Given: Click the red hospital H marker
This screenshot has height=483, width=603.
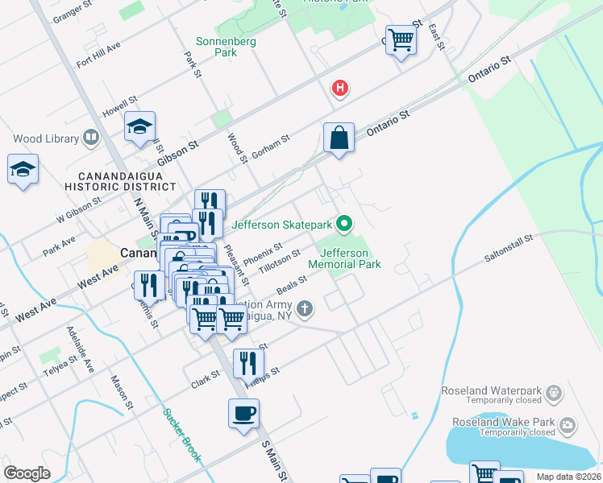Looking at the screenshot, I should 340,88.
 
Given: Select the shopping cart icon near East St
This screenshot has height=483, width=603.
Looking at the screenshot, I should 401,39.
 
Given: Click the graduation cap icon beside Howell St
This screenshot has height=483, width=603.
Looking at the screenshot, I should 139,127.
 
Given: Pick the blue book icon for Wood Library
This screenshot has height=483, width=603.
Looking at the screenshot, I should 91,138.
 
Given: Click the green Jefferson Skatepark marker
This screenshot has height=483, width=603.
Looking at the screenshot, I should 344,224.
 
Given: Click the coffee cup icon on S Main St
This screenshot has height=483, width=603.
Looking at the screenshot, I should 244,415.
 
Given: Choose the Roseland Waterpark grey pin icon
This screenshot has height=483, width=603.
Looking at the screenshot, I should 552,392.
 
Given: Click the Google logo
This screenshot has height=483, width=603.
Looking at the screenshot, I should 27,473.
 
